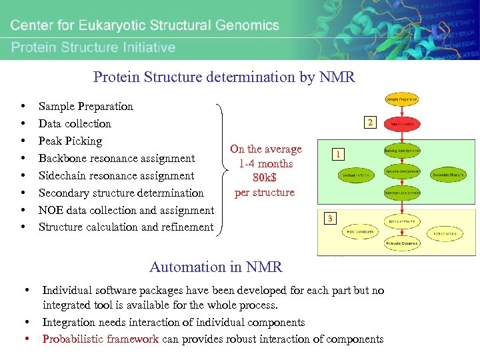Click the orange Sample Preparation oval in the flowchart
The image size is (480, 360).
coord(401,99)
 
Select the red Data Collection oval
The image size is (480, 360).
coord(401,124)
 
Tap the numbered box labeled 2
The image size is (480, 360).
coord(369,122)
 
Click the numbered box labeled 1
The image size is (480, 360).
coord(339,155)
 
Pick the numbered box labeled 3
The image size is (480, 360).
coord(329,219)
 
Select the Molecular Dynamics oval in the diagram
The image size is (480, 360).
coord(401,243)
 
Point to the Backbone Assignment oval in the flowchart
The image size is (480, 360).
coord(401,171)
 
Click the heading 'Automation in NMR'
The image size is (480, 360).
coord(216,267)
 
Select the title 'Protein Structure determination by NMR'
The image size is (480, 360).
coord(224,77)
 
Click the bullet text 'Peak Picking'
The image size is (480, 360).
coord(70,141)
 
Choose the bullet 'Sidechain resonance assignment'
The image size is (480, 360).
coord(116,175)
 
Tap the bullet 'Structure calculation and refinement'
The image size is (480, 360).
coord(126,227)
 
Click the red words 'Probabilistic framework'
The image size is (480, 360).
coord(100,339)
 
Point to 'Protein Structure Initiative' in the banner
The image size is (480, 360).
coord(93,47)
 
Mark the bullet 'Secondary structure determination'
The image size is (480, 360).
coord(121,193)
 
